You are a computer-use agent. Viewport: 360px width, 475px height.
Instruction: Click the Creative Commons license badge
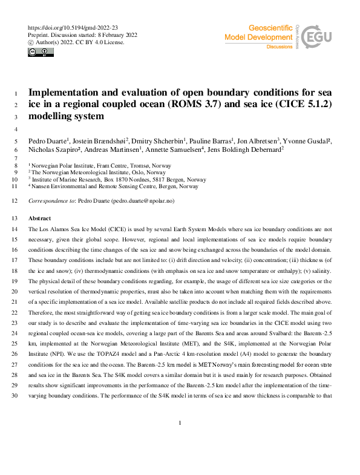click(x=41, y=53)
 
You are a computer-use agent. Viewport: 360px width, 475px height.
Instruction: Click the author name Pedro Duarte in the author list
click(x=50, y=141)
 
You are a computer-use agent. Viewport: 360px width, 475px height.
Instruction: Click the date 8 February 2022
click(x=117, y=35)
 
